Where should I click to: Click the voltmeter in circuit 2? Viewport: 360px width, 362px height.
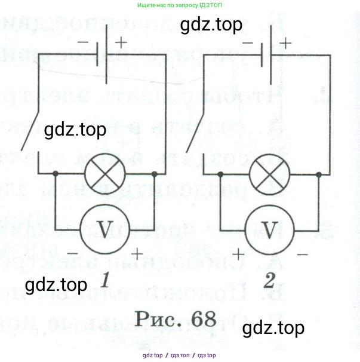pos(270,229)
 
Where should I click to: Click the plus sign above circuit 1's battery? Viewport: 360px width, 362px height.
pos(121,42)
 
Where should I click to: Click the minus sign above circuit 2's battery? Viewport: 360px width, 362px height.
pos(249,43)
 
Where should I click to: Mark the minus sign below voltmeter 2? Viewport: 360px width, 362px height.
pos(302,254)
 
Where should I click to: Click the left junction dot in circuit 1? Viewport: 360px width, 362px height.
pos(56,174)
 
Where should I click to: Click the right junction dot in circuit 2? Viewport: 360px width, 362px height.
pos(319,174)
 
